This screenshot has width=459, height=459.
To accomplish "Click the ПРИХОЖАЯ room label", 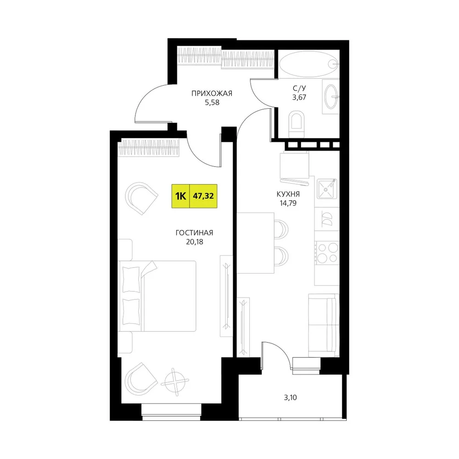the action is [212, 93].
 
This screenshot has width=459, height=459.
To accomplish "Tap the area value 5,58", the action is [212, 102].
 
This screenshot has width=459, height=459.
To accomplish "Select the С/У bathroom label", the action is [299, 88].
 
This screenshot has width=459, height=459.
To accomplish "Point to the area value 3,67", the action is [299, 97].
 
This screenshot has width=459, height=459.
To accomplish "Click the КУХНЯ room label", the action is [288, 194].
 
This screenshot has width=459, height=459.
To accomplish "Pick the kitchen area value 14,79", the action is [288, 203].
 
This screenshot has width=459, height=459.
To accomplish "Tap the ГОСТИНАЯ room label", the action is [194, 233].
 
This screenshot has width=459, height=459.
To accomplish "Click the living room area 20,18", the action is [194, 242].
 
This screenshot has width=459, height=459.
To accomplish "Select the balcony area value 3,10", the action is [290, 397].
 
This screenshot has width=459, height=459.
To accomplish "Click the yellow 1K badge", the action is [180, 196].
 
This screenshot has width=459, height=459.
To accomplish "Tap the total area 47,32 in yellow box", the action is [203, 196].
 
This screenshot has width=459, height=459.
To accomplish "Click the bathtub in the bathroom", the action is [309, 64].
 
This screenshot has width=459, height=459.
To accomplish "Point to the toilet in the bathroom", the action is [296, 124].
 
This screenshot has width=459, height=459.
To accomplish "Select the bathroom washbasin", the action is [331, 96].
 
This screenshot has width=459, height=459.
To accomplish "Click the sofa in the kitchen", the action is [324, 325].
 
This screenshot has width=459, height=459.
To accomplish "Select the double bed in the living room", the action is [157, 296].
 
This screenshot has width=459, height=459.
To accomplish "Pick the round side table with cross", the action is [175, 382].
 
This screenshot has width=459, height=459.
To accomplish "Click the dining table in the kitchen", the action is [255, 243].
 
